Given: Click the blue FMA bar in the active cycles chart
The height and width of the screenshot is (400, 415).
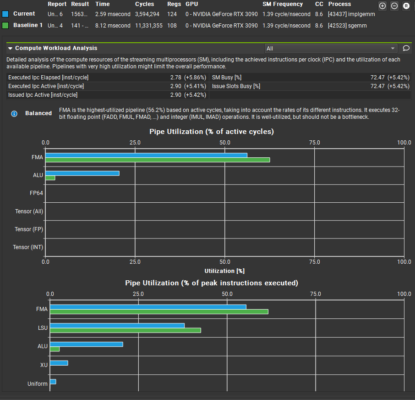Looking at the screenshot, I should (146, 155).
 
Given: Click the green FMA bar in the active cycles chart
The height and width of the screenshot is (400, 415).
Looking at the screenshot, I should (158, 160).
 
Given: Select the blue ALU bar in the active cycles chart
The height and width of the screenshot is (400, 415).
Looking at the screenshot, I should (82, 173).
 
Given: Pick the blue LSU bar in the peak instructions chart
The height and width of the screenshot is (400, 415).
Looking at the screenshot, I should (117, 325).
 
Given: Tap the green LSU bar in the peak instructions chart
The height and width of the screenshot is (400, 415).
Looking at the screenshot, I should (126, 330).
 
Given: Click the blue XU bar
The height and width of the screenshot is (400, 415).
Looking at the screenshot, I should (59, 363).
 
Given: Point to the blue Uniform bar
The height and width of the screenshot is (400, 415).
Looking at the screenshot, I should (53, 382).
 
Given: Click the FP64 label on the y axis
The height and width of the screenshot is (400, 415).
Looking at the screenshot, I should (37, 193).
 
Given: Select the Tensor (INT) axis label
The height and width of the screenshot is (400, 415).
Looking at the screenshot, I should (28, 247).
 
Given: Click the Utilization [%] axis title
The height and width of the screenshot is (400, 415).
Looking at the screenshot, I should (224, 271).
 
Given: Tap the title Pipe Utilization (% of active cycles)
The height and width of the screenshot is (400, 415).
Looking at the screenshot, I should (212, 132).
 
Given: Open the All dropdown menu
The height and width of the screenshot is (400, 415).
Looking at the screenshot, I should (331, 48).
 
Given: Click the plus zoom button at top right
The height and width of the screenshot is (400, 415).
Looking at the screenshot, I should (382, 6).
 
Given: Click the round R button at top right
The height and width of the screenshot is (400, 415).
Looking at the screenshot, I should (406, 6).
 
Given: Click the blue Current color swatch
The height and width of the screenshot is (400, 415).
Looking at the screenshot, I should (6, 14).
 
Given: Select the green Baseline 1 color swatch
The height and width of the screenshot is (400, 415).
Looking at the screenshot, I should (6, 25).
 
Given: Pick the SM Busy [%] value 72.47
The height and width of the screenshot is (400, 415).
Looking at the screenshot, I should (378, 78).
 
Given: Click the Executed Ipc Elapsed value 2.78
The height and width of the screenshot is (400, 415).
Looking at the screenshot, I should (176, 78).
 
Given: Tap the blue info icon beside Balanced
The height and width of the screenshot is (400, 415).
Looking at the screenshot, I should (14, 114).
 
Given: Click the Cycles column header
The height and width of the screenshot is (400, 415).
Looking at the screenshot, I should (145, 4).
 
